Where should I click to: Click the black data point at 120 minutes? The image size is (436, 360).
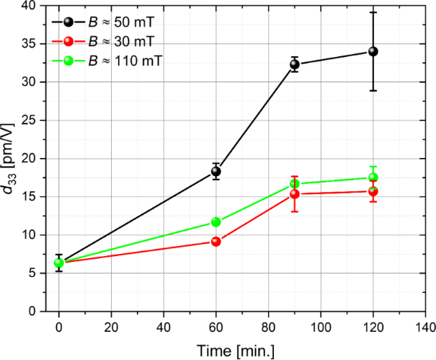coord(373,51)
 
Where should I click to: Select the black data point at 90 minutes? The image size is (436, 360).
coord(294,64)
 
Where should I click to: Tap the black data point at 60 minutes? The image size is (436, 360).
coord(215,172)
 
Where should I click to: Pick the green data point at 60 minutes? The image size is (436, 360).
coord(215,221)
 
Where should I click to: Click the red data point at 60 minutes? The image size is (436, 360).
coord(215,241)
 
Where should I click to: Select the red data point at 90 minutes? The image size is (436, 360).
coord(294,194)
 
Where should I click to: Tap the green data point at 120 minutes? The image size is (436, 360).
coord(373,177)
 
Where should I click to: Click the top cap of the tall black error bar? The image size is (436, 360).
coord(373,12)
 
